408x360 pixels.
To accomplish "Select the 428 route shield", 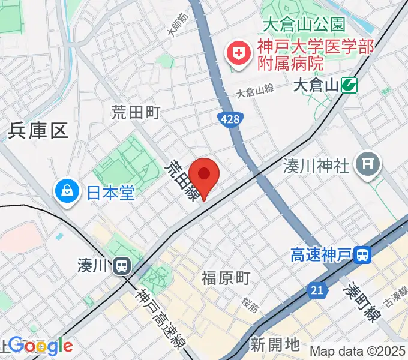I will point(229,119).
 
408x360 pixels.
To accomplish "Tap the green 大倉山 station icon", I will point(349,85).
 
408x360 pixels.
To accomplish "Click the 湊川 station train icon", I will point(122,265).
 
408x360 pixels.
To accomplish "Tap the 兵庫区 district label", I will point(38,131).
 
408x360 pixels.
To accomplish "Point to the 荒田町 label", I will point(136,112).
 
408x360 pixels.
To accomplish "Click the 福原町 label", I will point(226,278).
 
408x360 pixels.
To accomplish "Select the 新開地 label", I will point(275,344).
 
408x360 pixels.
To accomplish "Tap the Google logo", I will point(40,346).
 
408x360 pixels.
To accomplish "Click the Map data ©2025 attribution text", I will point(358,352).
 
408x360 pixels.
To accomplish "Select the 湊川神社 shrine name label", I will point(316,165).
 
